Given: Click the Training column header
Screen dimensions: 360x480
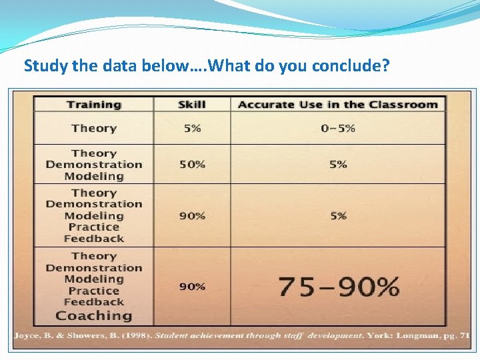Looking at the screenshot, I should [x=94, y=105].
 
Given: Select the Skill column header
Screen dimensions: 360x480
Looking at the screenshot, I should [x=192, y=105].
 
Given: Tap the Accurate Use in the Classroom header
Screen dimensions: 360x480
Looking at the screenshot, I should [x=338, y=105].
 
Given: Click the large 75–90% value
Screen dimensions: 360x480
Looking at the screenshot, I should [x=338, y=287].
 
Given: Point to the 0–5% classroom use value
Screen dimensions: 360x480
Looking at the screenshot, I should [x=338, y=129].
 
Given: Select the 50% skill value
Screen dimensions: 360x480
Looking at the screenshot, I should [x=192, y=164].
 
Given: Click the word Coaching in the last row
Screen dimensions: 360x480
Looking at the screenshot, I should [x=94, y=316].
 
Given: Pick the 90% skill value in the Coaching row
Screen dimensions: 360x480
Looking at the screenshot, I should [x=192, y=287].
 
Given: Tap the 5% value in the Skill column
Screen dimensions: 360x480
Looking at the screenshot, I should [x=192, y=129].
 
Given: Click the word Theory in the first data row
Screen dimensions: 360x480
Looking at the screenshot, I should [x=94, y=129].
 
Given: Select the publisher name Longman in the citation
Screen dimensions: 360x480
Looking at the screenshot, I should [x=417, y=335].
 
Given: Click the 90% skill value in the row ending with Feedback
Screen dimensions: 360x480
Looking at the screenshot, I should [x=192, y=216].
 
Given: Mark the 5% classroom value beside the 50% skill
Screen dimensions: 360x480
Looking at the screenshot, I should [x=338, y=164].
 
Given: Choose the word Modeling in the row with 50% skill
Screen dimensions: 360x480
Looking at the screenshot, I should [x=94, y=177].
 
